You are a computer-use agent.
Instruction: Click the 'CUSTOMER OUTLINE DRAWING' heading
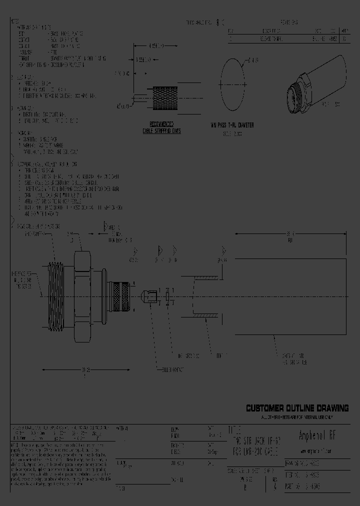(x=297, y=408)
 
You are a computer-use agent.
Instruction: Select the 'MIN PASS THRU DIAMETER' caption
(x=231, y=125)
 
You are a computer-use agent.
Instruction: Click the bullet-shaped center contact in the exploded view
(x=146, y=298)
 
